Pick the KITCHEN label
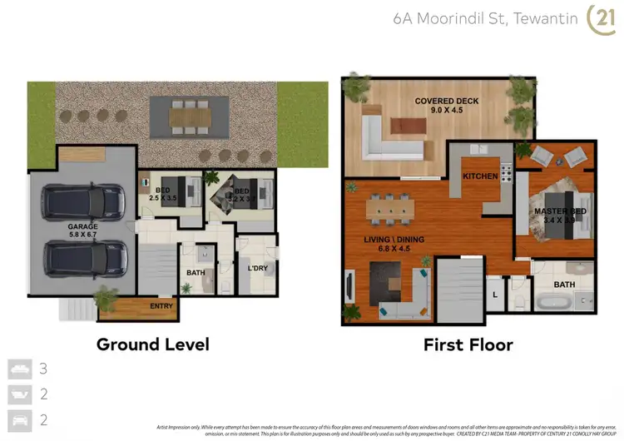480,176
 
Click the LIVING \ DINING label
395,240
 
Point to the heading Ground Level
152,344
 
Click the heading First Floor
468,344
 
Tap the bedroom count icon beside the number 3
18,367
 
